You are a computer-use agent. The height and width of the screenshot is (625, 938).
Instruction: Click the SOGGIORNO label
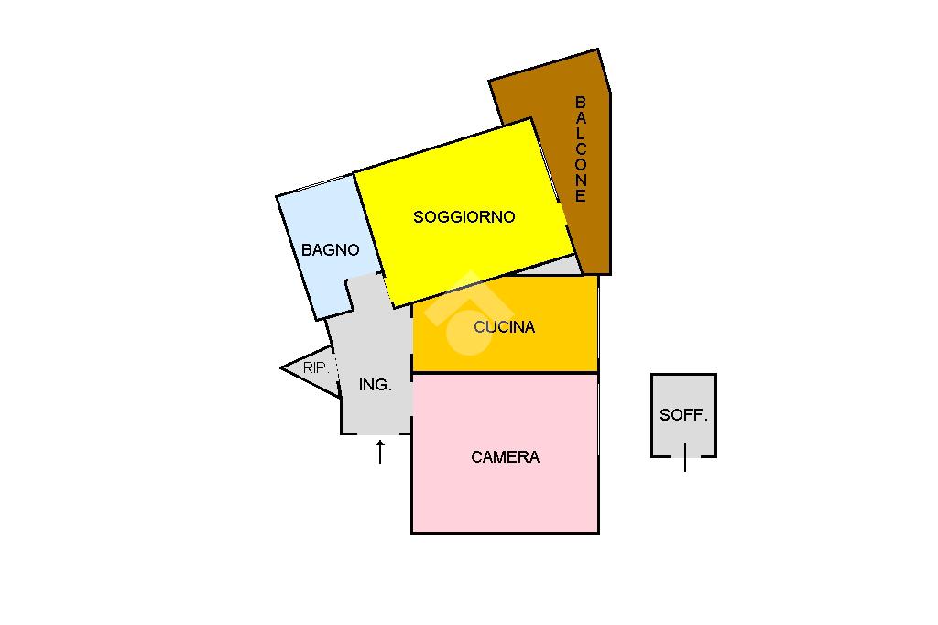click(x=464, y=217)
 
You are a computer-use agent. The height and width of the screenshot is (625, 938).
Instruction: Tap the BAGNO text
click(x=330, y=249)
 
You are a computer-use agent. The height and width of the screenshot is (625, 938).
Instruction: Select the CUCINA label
click(x=505, y=327)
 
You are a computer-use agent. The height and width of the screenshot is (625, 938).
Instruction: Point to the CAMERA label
click(x=505, y=457)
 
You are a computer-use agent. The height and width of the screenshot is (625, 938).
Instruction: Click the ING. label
click(x=375, y=386)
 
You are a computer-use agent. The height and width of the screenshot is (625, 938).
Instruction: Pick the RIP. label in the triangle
click(x=316, y=368)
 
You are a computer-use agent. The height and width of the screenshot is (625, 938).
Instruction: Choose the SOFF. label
click(x=684, y=415)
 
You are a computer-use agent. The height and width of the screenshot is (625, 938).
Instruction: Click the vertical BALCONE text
click(x=581, y=149)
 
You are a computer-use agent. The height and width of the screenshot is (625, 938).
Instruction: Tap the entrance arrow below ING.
click(x=380, y=451)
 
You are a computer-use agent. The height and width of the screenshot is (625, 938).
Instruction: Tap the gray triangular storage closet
click(x=307, y=369)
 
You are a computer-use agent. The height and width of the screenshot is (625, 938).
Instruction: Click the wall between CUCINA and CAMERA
click(x=505, y=373)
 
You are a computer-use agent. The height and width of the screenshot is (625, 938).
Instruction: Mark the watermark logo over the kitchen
click(x=467, y=312)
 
